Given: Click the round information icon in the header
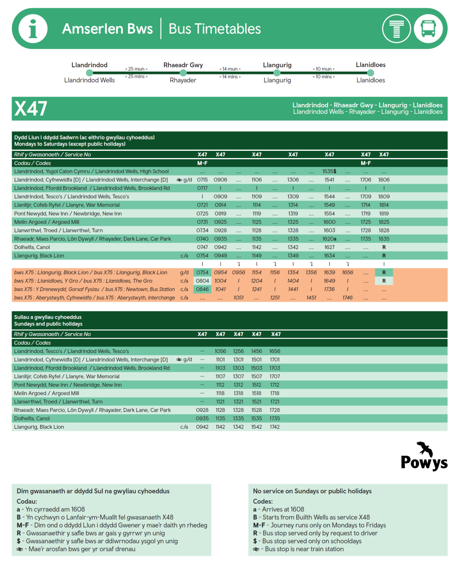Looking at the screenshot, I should coord(33,29).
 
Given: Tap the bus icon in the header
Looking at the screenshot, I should coord(428,29).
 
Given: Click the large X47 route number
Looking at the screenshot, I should coord(31,109).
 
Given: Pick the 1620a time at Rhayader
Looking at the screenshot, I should coord(329,239).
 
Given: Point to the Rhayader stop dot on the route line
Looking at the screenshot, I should coord(183,73).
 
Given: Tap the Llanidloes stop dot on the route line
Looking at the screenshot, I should coord(370,73).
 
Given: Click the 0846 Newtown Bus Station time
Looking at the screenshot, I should coord(202,289).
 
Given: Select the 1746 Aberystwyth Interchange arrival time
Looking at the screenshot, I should coord(347,298).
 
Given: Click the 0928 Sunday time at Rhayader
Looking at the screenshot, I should coord(202,410).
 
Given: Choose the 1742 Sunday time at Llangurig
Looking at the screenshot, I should coord(275,427).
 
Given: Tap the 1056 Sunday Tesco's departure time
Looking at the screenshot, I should coord(221,351).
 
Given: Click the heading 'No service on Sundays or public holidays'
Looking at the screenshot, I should coord(312,491).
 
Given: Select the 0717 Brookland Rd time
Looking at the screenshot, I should coord(202,188).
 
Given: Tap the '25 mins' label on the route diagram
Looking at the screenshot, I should coord(136,77).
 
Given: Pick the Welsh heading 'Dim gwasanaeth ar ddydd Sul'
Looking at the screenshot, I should coord(93,491).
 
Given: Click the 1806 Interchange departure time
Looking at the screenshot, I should coord(384,180).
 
